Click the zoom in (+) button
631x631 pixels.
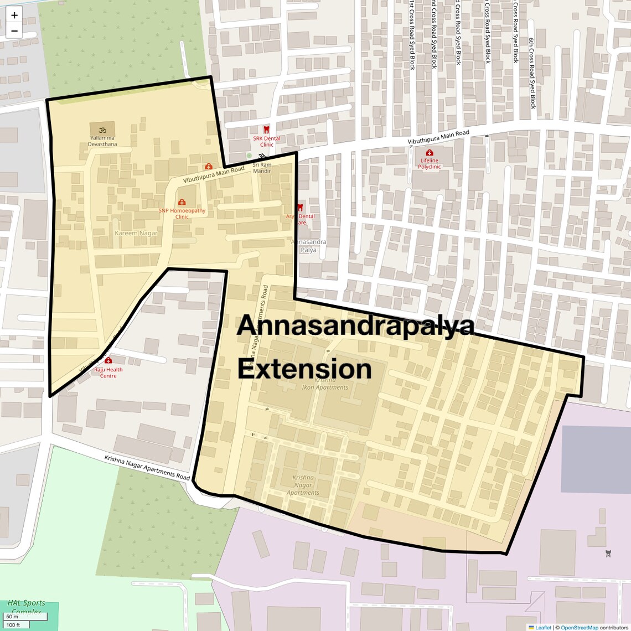(x=14, y=15)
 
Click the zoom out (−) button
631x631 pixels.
(x=14, y=31)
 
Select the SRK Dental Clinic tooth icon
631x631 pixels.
(x=266, y=130)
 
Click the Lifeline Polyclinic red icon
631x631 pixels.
(x=429, y=153)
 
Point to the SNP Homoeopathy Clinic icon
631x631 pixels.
(x=182, y=203)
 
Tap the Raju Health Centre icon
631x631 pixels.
(x=108, y=361)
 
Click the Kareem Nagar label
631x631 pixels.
(x=136, y=233)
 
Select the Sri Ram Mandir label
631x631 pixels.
(x=262, y=168)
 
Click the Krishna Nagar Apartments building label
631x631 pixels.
(x=303, y=485)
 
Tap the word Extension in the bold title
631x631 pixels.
(x=304, y=369)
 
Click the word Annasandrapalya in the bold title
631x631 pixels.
(x=355, y=325)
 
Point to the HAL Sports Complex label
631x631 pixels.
(x=26, y=607)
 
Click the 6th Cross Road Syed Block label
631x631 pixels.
(x=532, y=73)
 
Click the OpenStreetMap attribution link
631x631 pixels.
(x=579, y=627)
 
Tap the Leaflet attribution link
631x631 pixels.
(x=542, y=627)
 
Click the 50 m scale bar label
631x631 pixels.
(x=12, y=617)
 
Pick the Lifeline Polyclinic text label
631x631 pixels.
(x=429, y=164)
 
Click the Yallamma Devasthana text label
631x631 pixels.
(x=102, y=141)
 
